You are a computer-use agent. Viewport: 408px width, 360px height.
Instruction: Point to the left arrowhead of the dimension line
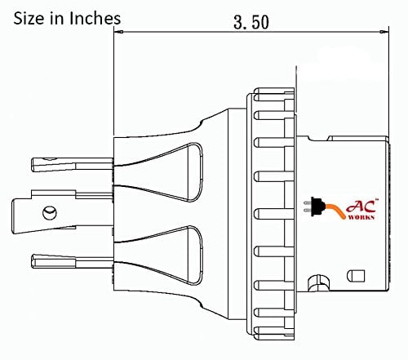116,33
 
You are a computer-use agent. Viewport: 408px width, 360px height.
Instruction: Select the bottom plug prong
70,260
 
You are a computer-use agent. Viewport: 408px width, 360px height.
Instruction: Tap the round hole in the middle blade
49,214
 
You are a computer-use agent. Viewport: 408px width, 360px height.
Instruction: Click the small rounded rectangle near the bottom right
355,275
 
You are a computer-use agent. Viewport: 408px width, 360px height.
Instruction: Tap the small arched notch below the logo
313,283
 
